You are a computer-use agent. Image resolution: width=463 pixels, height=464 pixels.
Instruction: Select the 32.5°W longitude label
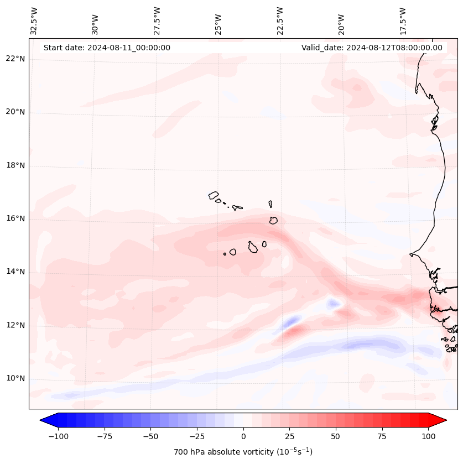coord(34,20)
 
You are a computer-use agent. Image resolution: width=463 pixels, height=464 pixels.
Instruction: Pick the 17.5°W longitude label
coord(403,20)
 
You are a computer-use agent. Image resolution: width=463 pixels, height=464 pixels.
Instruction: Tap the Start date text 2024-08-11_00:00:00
coord(107,48)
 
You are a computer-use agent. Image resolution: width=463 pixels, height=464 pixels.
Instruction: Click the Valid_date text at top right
coord(372,48)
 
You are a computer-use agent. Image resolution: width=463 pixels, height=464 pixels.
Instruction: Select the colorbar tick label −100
coord(58,436)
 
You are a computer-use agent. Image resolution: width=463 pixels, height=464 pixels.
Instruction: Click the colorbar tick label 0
coord(243,436)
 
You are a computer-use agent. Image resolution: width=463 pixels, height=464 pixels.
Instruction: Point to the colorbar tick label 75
coord(382,436)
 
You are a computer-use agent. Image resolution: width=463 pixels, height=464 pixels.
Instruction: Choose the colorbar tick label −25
coord(197,436)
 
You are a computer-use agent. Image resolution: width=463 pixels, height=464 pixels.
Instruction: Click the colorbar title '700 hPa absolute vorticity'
coord(243,452)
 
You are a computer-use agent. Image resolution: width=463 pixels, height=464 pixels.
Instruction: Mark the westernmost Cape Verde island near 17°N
coord(214,195)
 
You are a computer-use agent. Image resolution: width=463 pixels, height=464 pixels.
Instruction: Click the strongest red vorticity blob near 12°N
coord(293,332)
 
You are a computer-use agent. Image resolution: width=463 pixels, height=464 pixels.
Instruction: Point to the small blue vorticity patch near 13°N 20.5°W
coord(333,303)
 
